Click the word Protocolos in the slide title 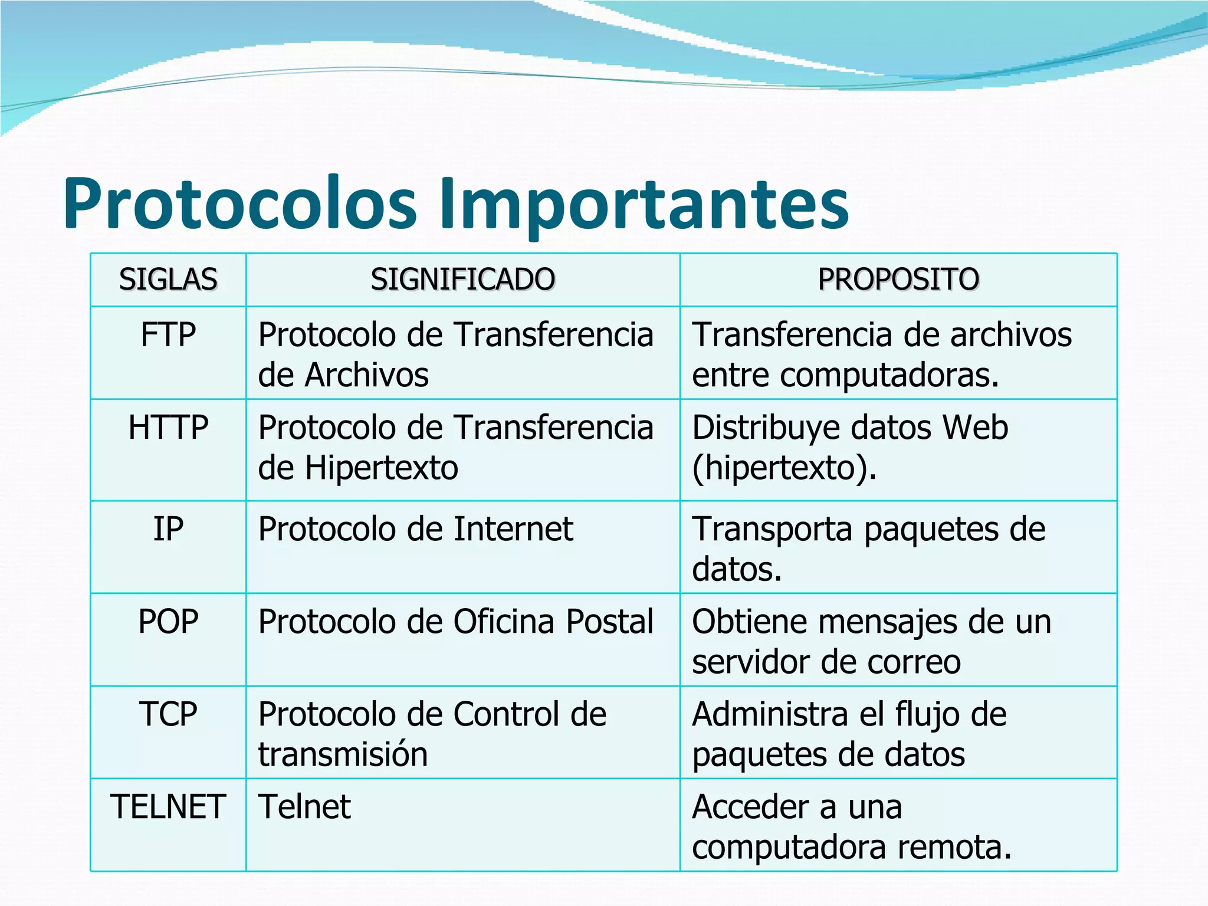tap(239, 203)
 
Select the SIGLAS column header tap(168, 280)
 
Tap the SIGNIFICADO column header tap(462, 280)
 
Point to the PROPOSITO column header tap(898, 280)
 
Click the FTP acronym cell tap(168, 335)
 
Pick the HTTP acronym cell tap(168, 428)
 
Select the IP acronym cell tap(168, 529)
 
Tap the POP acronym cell tap(168, 622)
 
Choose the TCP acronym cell tap(168, 714)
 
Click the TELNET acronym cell tap(168, 807)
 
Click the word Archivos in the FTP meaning tap(366, 375)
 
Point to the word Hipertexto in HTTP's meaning tap(381, 468)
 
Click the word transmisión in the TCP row tap(343, 754)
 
